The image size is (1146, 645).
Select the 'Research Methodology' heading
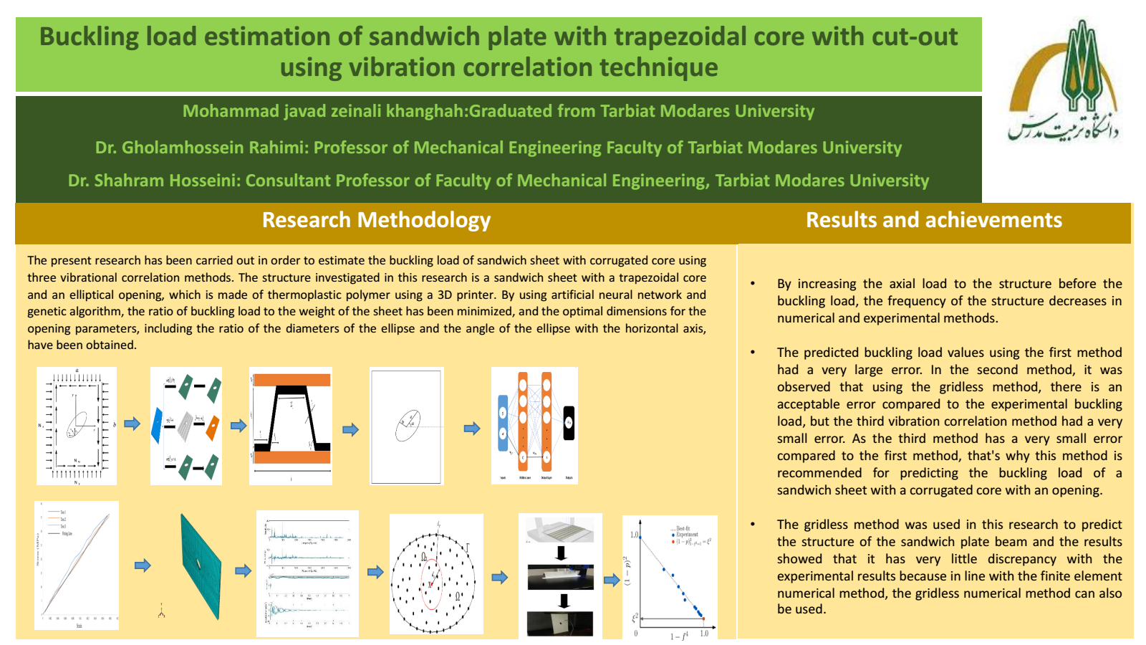pos(376,220)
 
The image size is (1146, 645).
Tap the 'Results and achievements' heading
pos(933,220)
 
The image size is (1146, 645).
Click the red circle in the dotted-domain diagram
pos(431,584)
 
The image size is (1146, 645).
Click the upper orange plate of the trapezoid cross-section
pos(292,380)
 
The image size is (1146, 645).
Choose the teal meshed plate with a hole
pos(200,565)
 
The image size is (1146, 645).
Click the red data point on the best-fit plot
pos(703,618)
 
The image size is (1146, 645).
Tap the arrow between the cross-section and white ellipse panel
pos(350,430)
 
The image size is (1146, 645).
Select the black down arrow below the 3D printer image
pos(561,553)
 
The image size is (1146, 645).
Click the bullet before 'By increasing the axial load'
pos(753,284)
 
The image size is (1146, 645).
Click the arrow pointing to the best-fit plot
pos(612,580)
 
